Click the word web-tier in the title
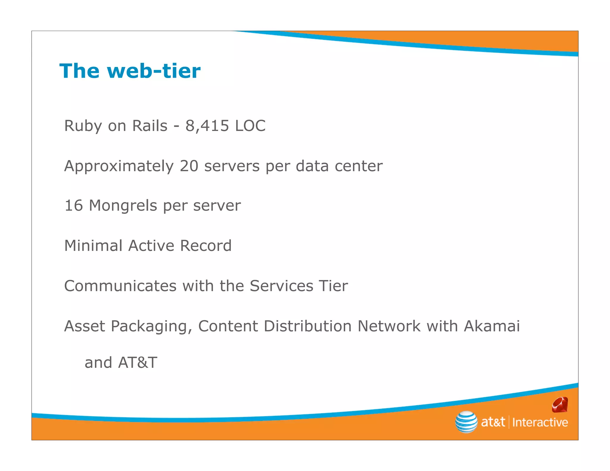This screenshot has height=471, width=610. click(154, 71)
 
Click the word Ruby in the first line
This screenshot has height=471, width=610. click(83, 126)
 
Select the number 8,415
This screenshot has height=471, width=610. click(207, 126)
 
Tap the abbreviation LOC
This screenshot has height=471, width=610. click(250, 126)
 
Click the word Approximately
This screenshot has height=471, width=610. click(119, 166)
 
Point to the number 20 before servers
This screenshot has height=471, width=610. click(189, 166)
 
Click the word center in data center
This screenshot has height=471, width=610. click(359, 166)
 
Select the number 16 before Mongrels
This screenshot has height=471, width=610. click(73, 206)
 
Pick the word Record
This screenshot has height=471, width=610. click(206, 246)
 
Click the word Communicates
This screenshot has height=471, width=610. click(120, 286)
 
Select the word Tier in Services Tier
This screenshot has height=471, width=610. click(333, 286)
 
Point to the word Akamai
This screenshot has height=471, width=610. click(492, 326)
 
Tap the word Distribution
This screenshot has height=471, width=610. click(308, 326)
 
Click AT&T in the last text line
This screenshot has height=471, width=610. click(138, 363)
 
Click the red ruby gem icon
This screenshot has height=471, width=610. click(560, 405)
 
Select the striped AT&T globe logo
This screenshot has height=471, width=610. click(466, 422)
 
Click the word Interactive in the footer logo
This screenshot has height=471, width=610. click(540, 422)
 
